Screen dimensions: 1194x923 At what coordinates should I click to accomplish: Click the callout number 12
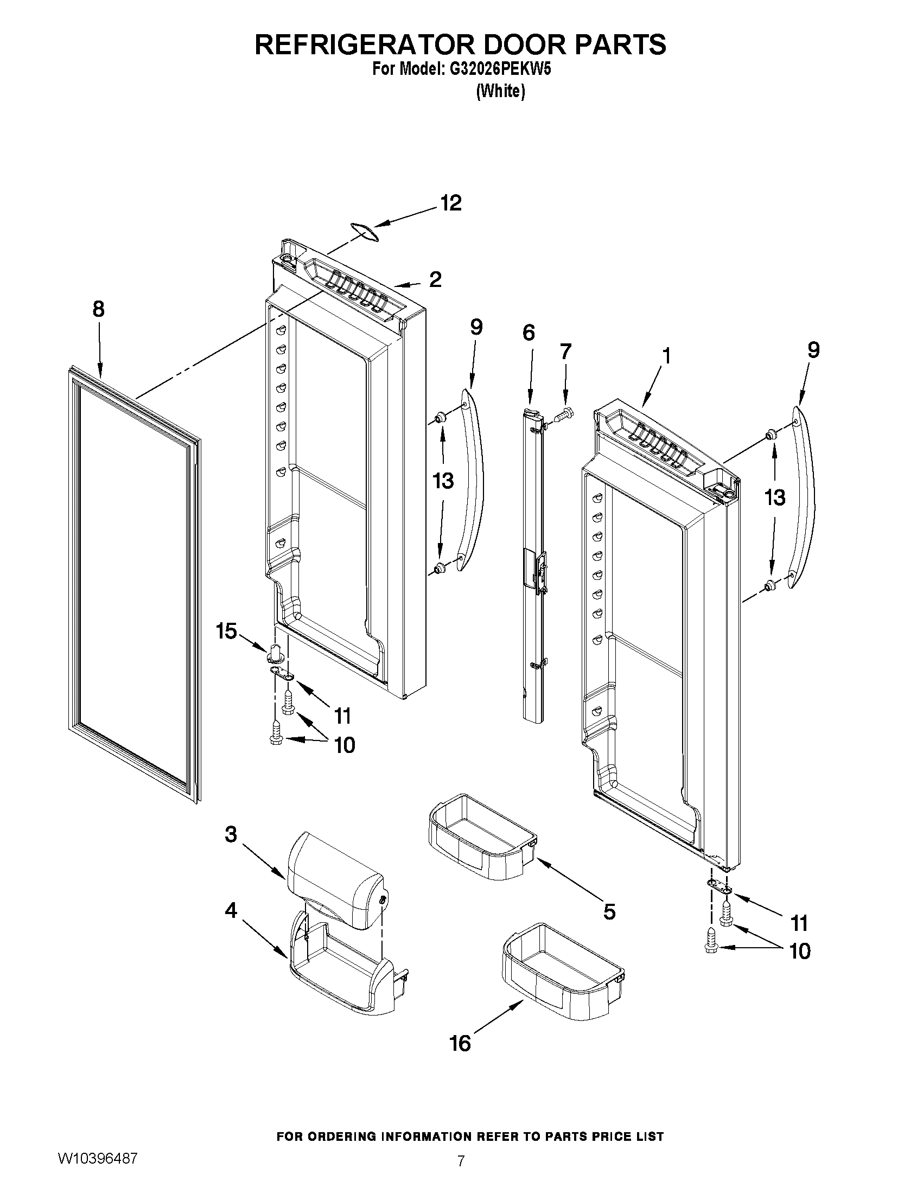coord(451,203)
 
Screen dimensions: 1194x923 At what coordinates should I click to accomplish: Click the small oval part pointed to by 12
coord(364,231)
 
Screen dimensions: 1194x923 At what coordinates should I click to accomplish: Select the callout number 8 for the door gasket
coord(98,309)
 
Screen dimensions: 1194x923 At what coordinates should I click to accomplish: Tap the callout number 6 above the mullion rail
coord(528,333)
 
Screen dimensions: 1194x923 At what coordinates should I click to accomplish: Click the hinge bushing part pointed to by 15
coord(276,653)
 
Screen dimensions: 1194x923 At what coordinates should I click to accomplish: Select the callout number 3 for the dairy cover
coord(231,834)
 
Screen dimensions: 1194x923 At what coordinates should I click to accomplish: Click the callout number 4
coord(231,910)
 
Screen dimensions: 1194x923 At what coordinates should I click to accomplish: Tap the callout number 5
coord(609,911)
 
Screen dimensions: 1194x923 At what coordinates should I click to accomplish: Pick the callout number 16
coord(460,1044)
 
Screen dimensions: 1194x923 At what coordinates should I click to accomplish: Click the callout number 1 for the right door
coord(666,356)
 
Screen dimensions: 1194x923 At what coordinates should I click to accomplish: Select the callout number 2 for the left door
coord(435,280)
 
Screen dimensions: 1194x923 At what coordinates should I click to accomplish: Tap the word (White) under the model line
coord(500,91)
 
